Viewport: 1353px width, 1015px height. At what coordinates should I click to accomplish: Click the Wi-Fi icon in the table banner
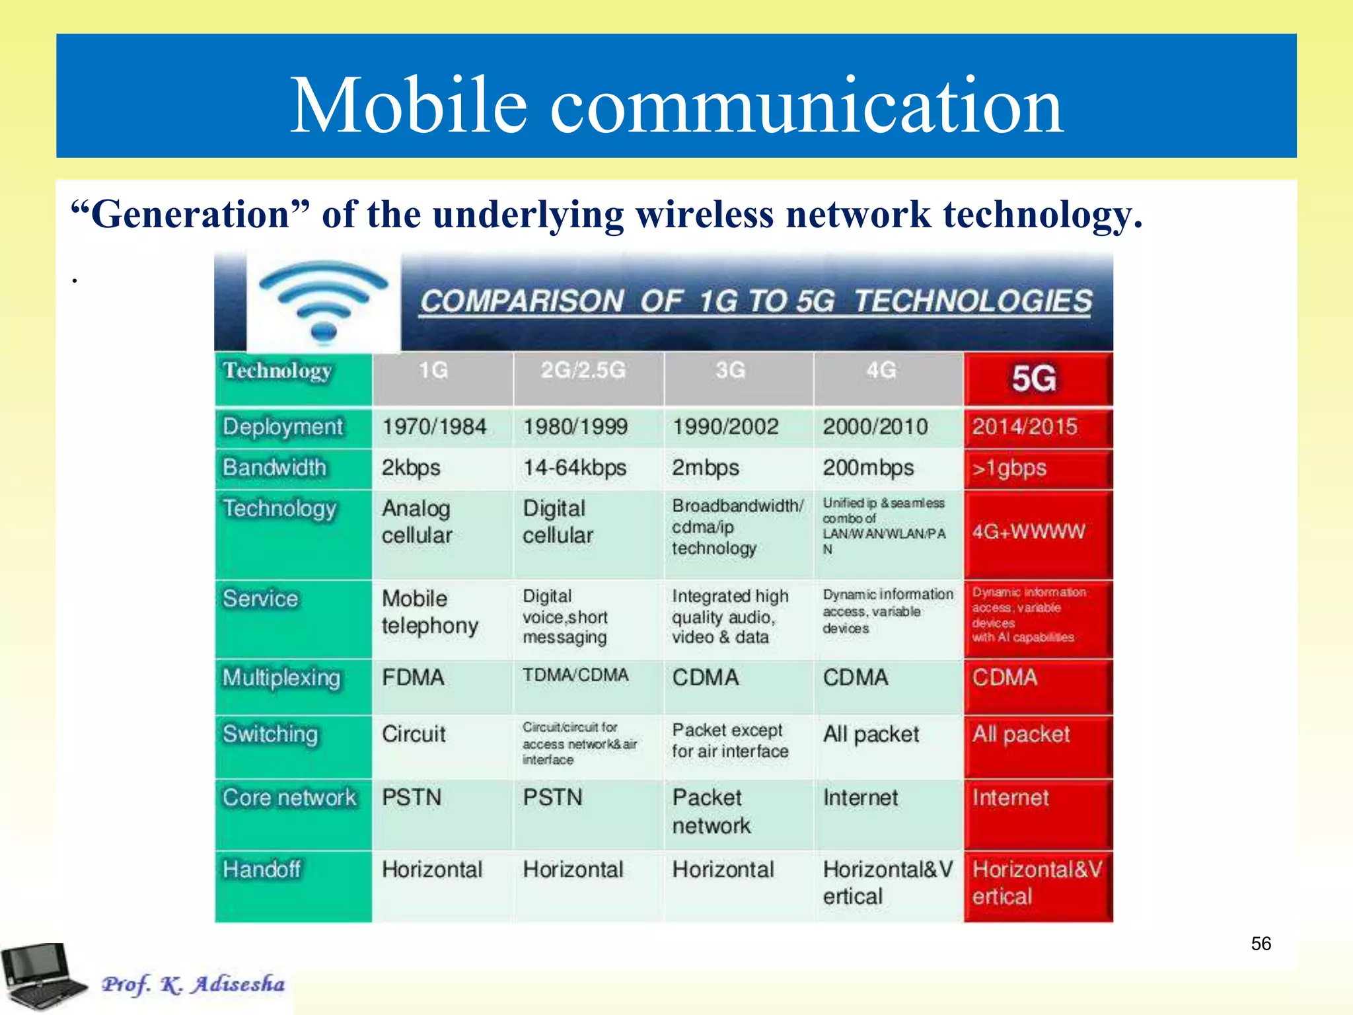pyautogui.click(x=323, y=301)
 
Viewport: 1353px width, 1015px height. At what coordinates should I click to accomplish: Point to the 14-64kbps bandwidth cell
pyautogui.click(x=575, y=468)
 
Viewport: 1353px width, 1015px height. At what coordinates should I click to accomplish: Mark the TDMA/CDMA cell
pyautogui.click(x=575, y=675)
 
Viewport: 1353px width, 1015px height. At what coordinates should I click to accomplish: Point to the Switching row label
pyautogui.click(x=270, y=734)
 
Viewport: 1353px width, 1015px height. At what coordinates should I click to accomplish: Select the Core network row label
pyautogui.click(x=289, y=798)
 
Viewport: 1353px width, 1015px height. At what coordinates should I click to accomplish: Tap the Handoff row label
pyautogui.click(x=262, y=869)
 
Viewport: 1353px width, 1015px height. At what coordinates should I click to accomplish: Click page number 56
pyautogui.click(x=1261, y=944)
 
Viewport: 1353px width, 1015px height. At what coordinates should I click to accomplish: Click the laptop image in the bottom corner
pyautogui.click(x=43, y=977)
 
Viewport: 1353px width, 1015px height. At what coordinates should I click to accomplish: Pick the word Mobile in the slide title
pyautogui.click(x=408, y=106)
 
